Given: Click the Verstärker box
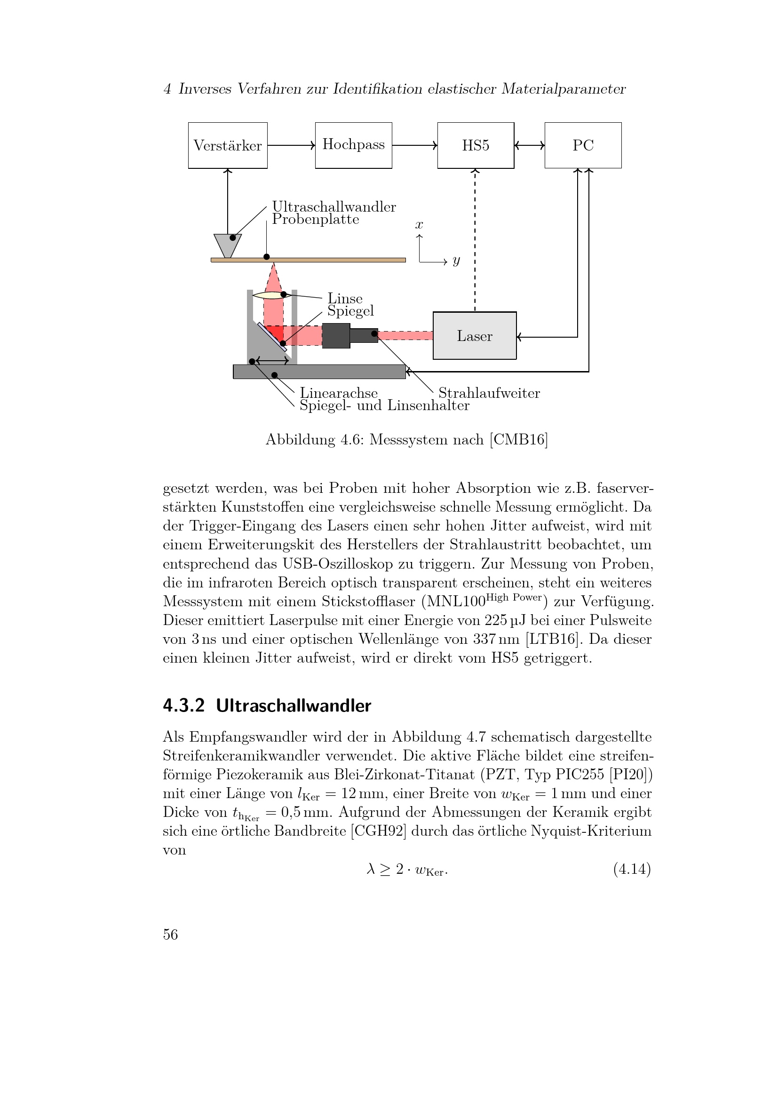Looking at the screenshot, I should (228, 145).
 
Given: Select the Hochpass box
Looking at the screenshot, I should (354, 145).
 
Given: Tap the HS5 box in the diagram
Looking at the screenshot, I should (475, 145).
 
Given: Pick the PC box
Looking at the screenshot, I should (583, 145).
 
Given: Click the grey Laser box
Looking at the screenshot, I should (474, 336).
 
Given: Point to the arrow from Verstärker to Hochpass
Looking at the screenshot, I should (291, 145).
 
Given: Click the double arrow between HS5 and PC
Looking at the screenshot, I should (529, 145).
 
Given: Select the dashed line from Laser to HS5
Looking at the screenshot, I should (475, 239).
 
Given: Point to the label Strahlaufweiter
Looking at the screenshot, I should (489, 393).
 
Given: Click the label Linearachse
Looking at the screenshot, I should (339, 393).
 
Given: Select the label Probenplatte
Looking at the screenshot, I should (316, 220).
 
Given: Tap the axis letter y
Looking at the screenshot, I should (456, 261).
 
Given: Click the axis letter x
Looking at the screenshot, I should (419, 225).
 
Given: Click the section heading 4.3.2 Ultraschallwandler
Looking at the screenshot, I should (267, 706).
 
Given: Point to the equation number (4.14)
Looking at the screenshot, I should (632, 869).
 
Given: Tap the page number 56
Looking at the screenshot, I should (171, 935).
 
